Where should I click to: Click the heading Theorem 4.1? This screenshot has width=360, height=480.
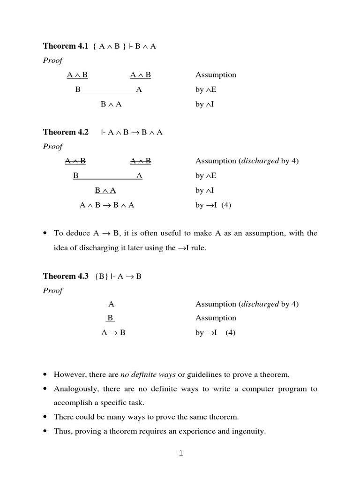coord(66,46)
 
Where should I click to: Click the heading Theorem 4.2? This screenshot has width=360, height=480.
coord(66,132)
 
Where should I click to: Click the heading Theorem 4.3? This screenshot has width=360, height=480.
coord(66,276)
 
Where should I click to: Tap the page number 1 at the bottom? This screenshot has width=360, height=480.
coord(180,453)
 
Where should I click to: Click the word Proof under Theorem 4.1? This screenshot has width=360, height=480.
coord(52,60)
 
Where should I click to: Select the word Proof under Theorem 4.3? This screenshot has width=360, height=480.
coord(52,291)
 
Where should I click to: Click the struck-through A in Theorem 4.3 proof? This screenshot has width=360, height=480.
coord(111,304)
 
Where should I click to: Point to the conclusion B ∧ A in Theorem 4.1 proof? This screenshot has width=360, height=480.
coord(111,105)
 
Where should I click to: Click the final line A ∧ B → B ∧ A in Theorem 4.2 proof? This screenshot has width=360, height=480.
coord(107,205)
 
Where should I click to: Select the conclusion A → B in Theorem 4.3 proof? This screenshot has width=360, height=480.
coord(113,333)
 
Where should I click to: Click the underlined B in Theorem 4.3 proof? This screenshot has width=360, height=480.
coord(110,318)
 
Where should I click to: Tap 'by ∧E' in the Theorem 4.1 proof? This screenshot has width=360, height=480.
coord(206,90)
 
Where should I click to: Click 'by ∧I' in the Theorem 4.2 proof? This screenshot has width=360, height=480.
coord(204,190)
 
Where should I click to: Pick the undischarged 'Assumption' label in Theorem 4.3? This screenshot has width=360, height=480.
coord(216,318)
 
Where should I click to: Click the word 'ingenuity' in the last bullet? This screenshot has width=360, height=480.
coord(248,431)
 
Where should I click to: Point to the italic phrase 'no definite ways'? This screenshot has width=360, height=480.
coord(148,375)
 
